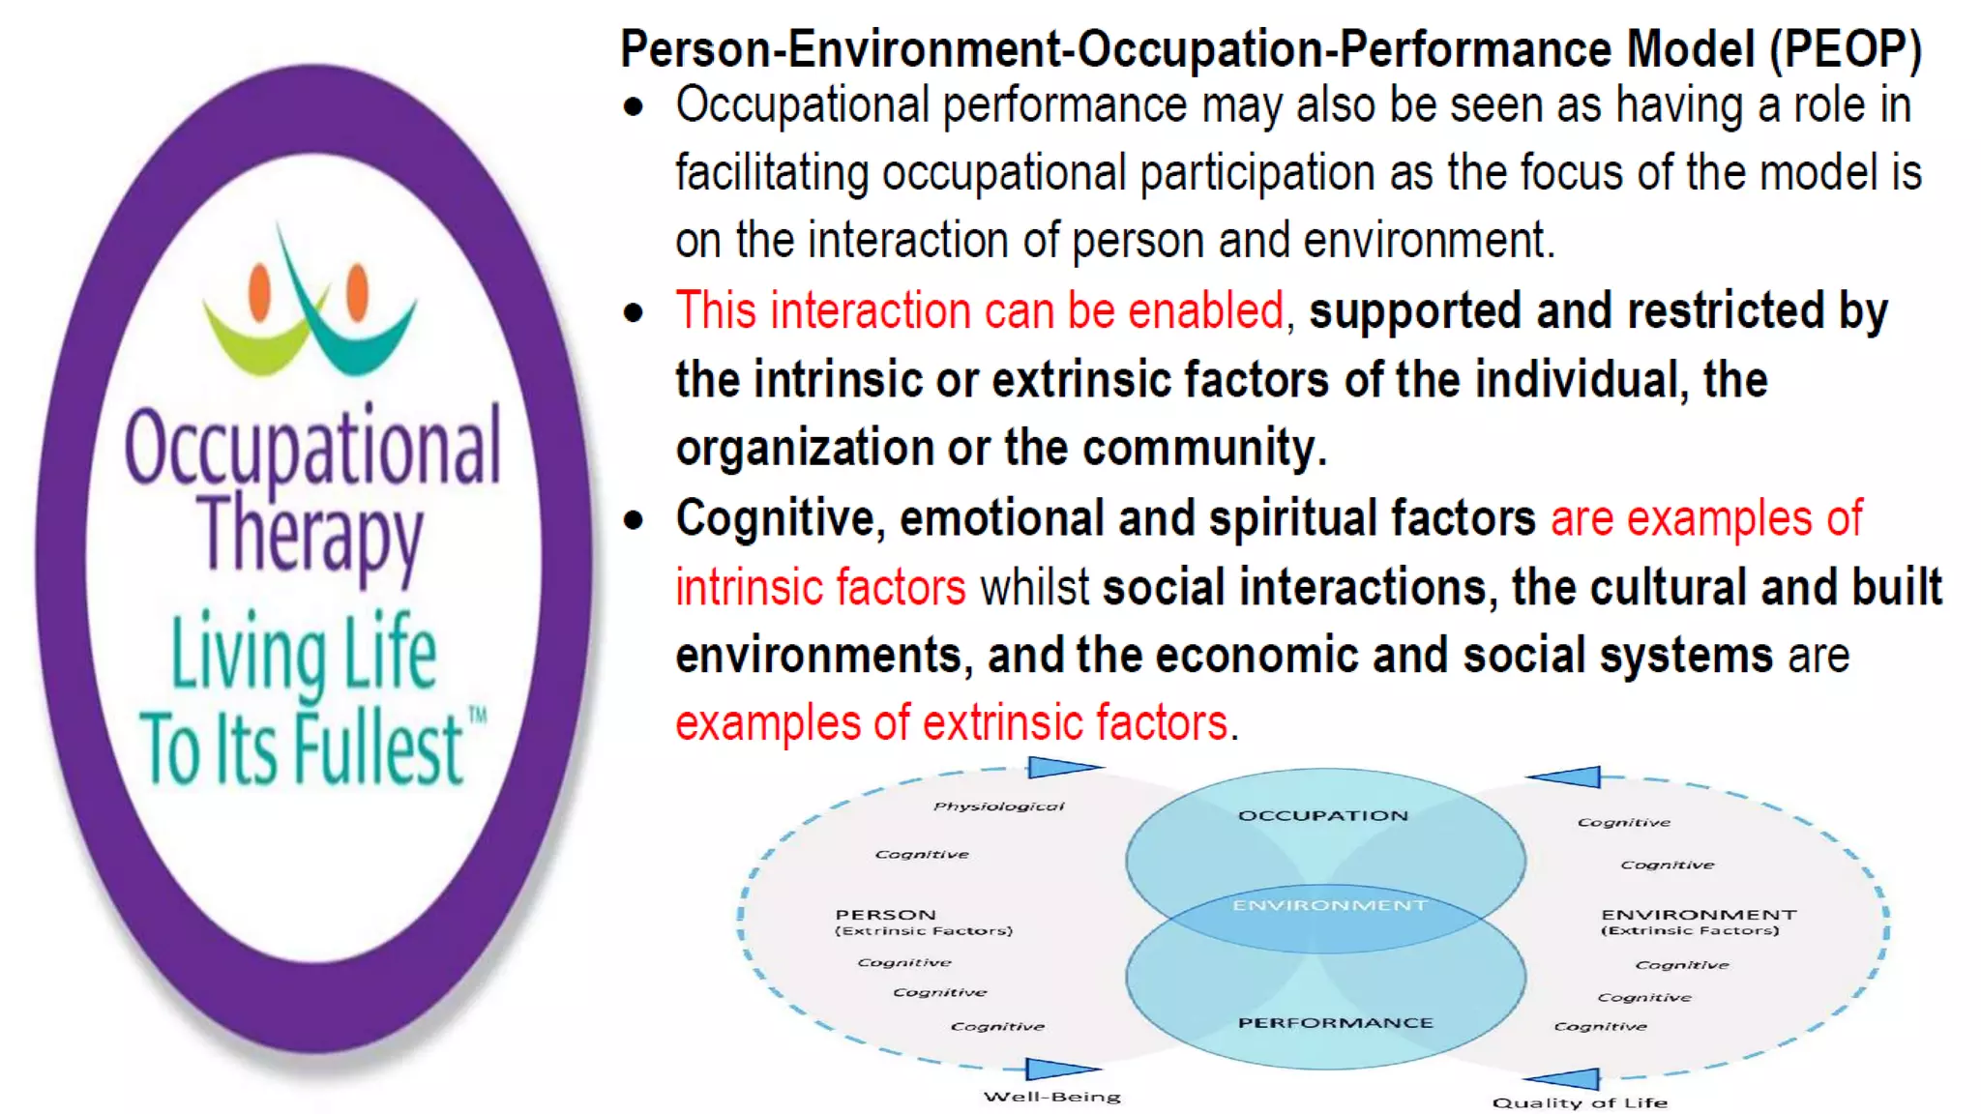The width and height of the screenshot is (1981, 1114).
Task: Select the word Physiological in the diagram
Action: [x=998, y=806]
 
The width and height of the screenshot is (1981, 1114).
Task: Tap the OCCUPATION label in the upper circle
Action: [x=1323, y=816]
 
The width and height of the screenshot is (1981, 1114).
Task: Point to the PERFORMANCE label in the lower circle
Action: [x=1335, y=1023]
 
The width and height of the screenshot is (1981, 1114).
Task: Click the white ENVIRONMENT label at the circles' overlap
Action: [x=1329, y=906]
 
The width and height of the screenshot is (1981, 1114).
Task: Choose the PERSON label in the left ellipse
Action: [x=885, y=915]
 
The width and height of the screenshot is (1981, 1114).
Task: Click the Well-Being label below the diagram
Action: [x=1051, y=1097]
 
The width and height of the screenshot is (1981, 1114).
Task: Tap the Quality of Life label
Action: [x=1580, y=1102]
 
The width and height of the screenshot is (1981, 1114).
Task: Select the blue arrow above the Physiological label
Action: [x=1062, y=768]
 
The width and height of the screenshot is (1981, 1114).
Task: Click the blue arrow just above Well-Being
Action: [x=1060, y=1069]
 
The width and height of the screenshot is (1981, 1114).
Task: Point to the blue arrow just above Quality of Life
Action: [x=1565, y=1078]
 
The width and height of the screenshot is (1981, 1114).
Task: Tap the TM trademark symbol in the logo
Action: [x=478, y=717]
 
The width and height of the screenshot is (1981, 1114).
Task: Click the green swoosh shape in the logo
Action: [x=256, y=343]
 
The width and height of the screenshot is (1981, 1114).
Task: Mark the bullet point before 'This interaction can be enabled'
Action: [x=634, y=313]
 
